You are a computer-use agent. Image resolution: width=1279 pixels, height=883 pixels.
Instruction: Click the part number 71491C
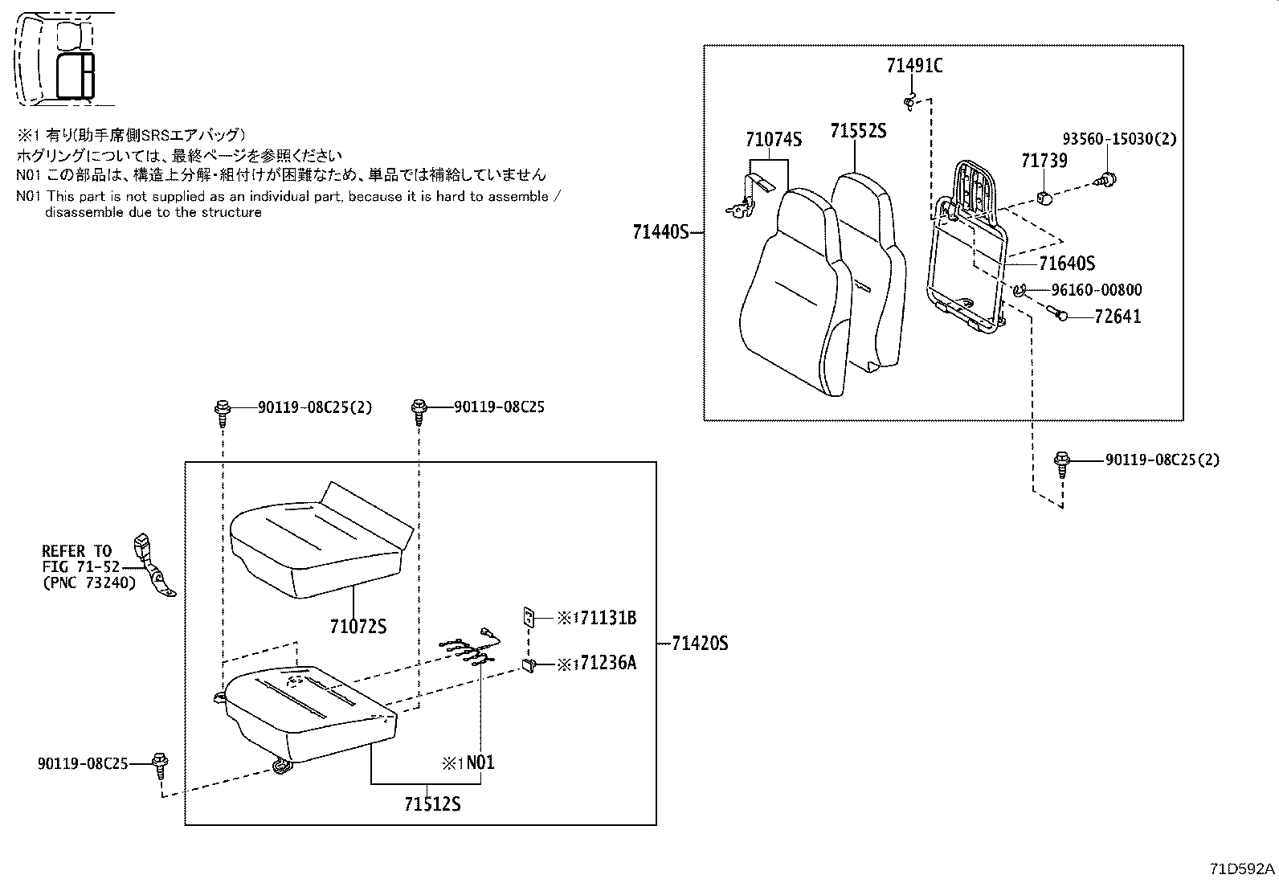(914, 66)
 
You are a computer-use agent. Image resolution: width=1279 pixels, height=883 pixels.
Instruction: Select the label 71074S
(773, 140)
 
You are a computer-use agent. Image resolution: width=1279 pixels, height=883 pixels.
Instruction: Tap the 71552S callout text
(858, 130)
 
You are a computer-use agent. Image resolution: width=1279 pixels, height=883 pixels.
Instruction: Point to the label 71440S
(660, 232)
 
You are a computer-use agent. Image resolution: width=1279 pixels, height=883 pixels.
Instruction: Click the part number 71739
(1044, 161)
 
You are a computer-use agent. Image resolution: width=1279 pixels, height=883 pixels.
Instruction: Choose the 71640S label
(1066, 264)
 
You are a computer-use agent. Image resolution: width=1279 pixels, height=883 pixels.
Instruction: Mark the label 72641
(1118, 317)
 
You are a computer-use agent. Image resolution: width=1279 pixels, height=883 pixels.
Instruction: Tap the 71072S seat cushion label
(358, 625)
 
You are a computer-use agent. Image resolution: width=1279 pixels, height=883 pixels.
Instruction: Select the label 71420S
(699, 643)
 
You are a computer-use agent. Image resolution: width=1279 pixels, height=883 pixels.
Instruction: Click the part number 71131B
(607, 618)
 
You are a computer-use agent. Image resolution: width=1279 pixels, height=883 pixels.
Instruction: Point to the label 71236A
(607, 664)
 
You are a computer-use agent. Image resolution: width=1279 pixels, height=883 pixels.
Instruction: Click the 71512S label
(432, 804)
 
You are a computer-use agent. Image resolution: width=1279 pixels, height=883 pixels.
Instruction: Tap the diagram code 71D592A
(1242, 869)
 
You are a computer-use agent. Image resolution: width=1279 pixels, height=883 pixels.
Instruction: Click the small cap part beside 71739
(1045, 197)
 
